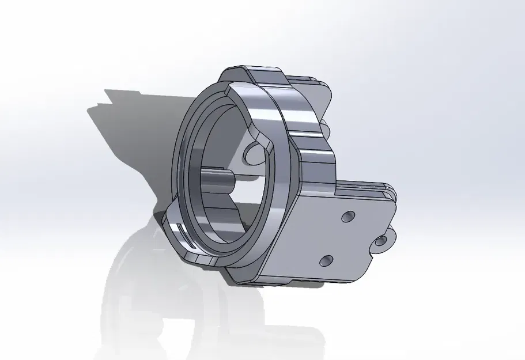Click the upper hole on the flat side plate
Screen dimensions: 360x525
(348, 217)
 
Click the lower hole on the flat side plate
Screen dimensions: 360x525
(326, 261)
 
